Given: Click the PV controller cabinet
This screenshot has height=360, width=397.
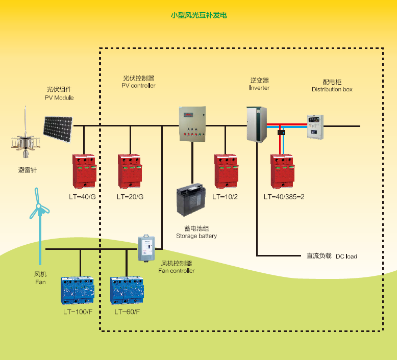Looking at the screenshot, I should click(x=192, y=124).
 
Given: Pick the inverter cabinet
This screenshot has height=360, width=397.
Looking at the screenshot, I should click(x=257, y=123).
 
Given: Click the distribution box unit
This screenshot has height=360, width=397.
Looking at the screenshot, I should click(x=314, y=126).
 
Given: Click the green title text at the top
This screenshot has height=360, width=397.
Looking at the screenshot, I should click(x=198, y=15).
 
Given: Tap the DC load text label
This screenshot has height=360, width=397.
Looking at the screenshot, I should click(x=331, y=256).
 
